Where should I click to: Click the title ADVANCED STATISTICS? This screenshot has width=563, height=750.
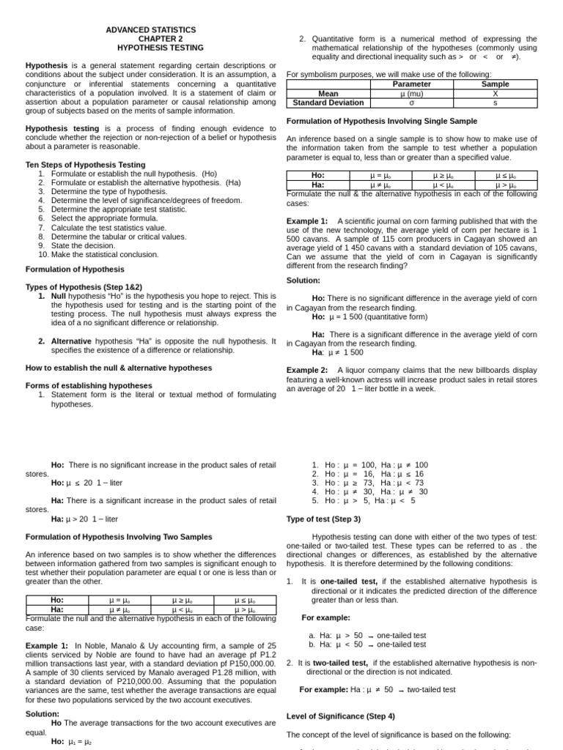pos(151,30)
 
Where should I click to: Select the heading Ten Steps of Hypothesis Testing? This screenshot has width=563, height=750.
pos(85,165)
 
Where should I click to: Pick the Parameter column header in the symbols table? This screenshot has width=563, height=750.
pos(412,84)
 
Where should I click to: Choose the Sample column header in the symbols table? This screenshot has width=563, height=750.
pos(495,84)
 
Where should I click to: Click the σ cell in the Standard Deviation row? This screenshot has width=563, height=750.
pos(412,103)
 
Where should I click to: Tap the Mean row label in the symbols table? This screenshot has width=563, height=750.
pos(328,94)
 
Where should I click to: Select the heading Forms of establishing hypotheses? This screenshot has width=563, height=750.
pos(89,385)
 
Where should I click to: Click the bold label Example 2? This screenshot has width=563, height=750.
pos(307,370)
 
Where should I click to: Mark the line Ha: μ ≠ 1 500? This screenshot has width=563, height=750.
pos(337,352)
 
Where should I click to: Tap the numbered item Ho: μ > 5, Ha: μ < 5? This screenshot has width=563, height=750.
pos(364,501)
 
